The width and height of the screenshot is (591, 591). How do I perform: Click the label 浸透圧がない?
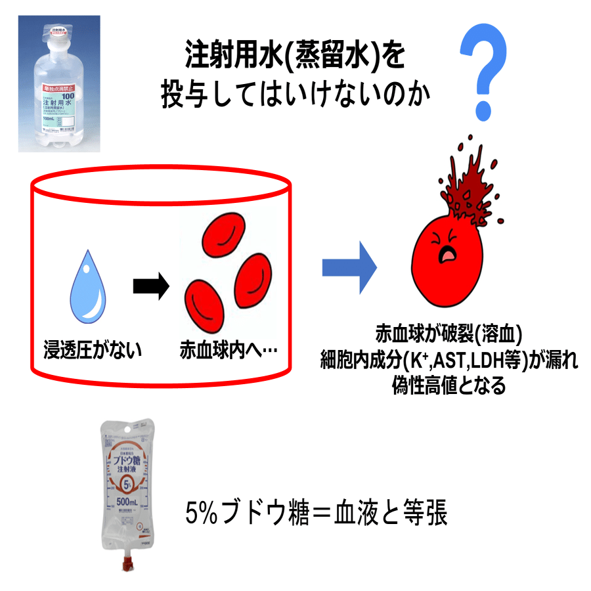pos(91,350)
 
